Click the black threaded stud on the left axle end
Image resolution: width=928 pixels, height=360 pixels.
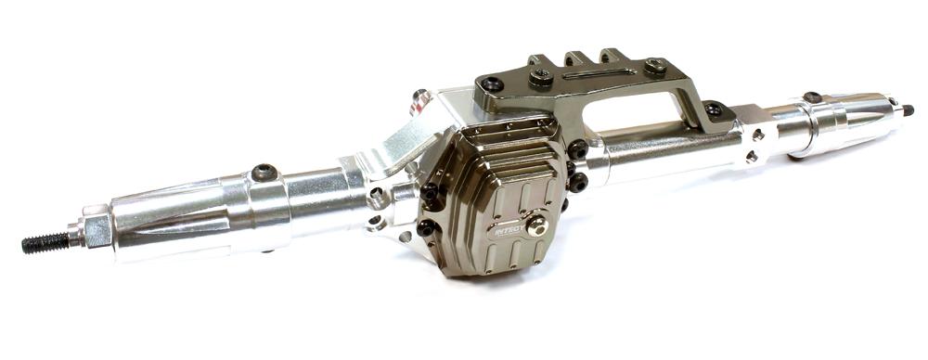pyautogui.click(x=45, y=243)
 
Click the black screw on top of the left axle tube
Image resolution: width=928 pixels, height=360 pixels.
pyautogui.click(x=264, y=173)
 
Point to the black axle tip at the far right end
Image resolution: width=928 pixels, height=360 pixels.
pyautogui.click(x=908, y=109)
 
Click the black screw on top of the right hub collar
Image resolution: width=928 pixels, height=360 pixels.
pyautogui.click(x=812, y=96)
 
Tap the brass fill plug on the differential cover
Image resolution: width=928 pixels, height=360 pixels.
pyautogui.click(x=537, y=225)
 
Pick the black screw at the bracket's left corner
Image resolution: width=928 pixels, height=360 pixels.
pyautogui.click(x=491, y=85)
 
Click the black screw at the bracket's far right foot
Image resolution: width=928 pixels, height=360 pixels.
pyautogui.click(x=713, y=109)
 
